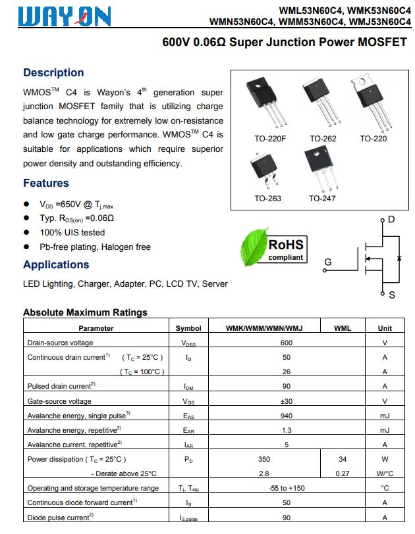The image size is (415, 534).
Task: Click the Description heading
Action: pyautogui.click(x=53, y=72)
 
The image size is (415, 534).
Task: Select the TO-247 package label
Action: pyautogui.click(x=323, y=198)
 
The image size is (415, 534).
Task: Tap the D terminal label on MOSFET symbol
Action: pyautogui.click(x=391, y=219)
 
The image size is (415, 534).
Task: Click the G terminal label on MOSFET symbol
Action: pyautogui.click(x=327, y=262)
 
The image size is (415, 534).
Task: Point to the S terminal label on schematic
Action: pyautogui.click(x=392, y=295)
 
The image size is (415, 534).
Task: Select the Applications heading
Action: pyautogui.click(x=56, y=264)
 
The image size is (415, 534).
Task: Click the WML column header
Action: pyautogui.click(x=343, y=328)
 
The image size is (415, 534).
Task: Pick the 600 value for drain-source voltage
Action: pyautogui.click(x=286, y=343)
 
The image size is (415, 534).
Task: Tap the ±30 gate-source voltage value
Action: pyautogui.click(x=286, y=401)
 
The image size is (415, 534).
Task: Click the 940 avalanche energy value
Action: pyautogui.click(x=286, y=416)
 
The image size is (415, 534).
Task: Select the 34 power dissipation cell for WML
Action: pyautogui.click(x=343, y=459)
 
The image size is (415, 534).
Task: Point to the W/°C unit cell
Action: pyautogui.click(x=385, y=473)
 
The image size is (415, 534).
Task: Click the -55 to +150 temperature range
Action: pyautogui.click(x=286, y=488)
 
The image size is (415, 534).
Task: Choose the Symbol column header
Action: pyautogui.click(x=188, y=328)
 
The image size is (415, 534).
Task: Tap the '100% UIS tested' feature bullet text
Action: pyautogui.click(x=72, y=232)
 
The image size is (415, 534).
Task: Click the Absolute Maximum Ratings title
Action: pyautogui.click(x=85, y=312)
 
